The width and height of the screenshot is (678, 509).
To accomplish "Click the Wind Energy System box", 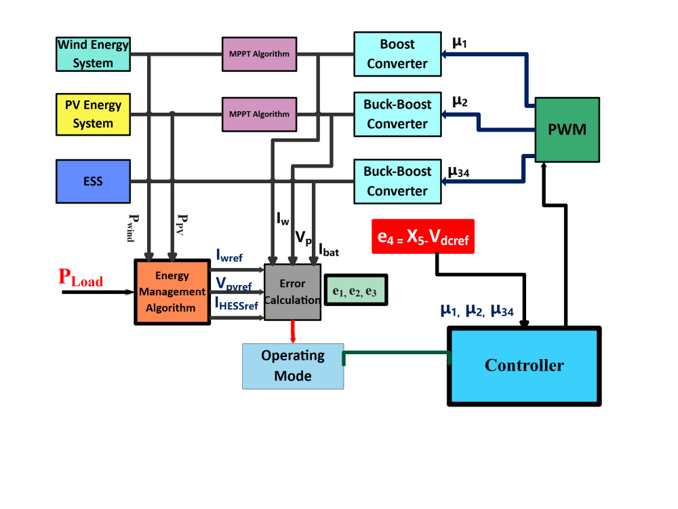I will pos(93,54).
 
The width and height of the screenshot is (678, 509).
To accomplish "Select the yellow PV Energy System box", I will pos(93,114).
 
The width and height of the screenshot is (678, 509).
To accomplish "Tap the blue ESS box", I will pos(93,181).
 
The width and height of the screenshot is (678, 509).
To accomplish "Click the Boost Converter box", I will pos(397,54).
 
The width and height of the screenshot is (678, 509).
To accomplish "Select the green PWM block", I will pos(567,130).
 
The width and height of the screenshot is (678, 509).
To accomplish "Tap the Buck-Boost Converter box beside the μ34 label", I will pos(397,181).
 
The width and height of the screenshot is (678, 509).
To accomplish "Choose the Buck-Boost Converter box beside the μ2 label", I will pos(397,114).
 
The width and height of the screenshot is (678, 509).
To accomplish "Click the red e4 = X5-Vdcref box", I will pos(422,237).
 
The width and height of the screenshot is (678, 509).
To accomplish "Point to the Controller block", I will pos(523,366).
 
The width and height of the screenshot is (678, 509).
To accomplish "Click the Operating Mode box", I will pos(293,366).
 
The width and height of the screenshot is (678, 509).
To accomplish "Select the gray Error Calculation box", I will pos(292,291).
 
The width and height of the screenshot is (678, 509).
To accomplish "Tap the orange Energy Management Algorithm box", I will pos(172,292).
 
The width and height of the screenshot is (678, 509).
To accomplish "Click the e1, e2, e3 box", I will pos(355,290).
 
